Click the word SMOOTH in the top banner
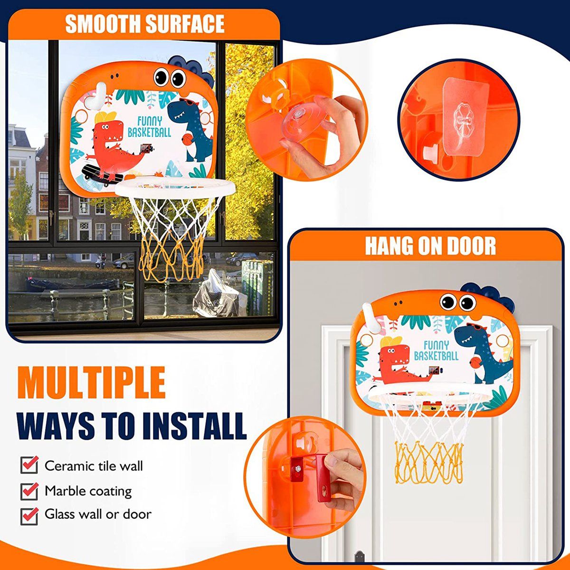coord(103,24)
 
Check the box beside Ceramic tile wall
coord(29,465)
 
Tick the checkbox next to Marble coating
coord(29,491)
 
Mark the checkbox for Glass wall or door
coord(29,516)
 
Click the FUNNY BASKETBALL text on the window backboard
coord(150,127)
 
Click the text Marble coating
coord(88,491)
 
